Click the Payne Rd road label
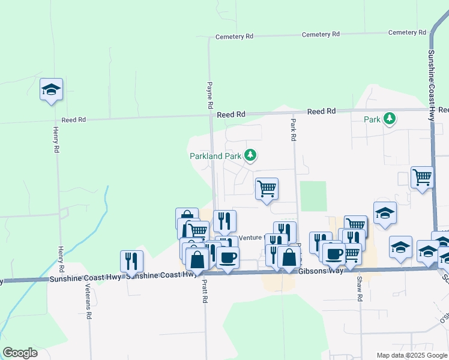point(210,95)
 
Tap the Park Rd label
point(293,129)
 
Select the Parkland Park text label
point(215,157)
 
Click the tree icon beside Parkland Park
point(250,156)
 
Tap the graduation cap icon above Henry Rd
point(51,89)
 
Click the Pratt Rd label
point(205,292)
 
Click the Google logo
point(20,352)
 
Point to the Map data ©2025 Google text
point(412,355)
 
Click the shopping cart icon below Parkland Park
point(267,189)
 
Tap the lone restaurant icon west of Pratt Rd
point(131,261)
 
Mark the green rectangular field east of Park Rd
point(313,196)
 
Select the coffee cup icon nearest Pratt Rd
point(227,258)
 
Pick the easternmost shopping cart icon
point(422,178)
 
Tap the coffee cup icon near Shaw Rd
point(334,253)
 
